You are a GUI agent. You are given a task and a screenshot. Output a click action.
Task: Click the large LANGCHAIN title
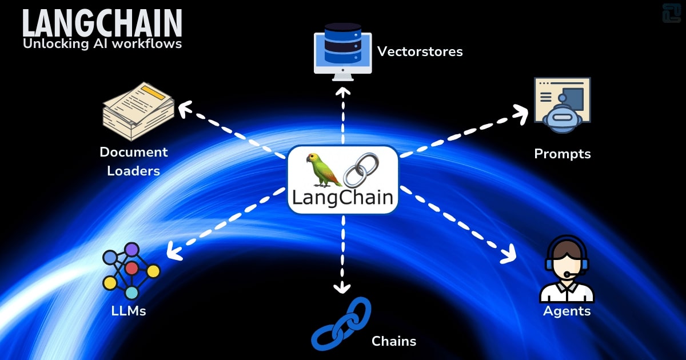coord(102,23)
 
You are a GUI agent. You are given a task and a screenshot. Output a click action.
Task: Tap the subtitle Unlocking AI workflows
coord(102,44)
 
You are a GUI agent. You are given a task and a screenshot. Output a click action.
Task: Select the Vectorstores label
coord(420,52)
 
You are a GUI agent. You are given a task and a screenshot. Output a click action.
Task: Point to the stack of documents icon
coord(138,111)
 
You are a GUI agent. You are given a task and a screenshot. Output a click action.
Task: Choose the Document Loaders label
coord(134,161)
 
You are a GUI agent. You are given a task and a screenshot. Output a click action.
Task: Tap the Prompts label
coord(562,154)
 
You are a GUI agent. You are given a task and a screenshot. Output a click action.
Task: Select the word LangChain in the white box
coord(342,198)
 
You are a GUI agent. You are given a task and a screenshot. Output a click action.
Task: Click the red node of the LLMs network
coord(131,268)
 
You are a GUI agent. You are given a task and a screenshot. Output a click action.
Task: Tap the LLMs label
coord(129,311)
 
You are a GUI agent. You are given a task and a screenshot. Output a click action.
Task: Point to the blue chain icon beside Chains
coord(341,323)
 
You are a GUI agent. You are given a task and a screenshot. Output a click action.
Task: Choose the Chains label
coord(393,342)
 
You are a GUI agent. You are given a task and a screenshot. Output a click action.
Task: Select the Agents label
coord(567,311)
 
